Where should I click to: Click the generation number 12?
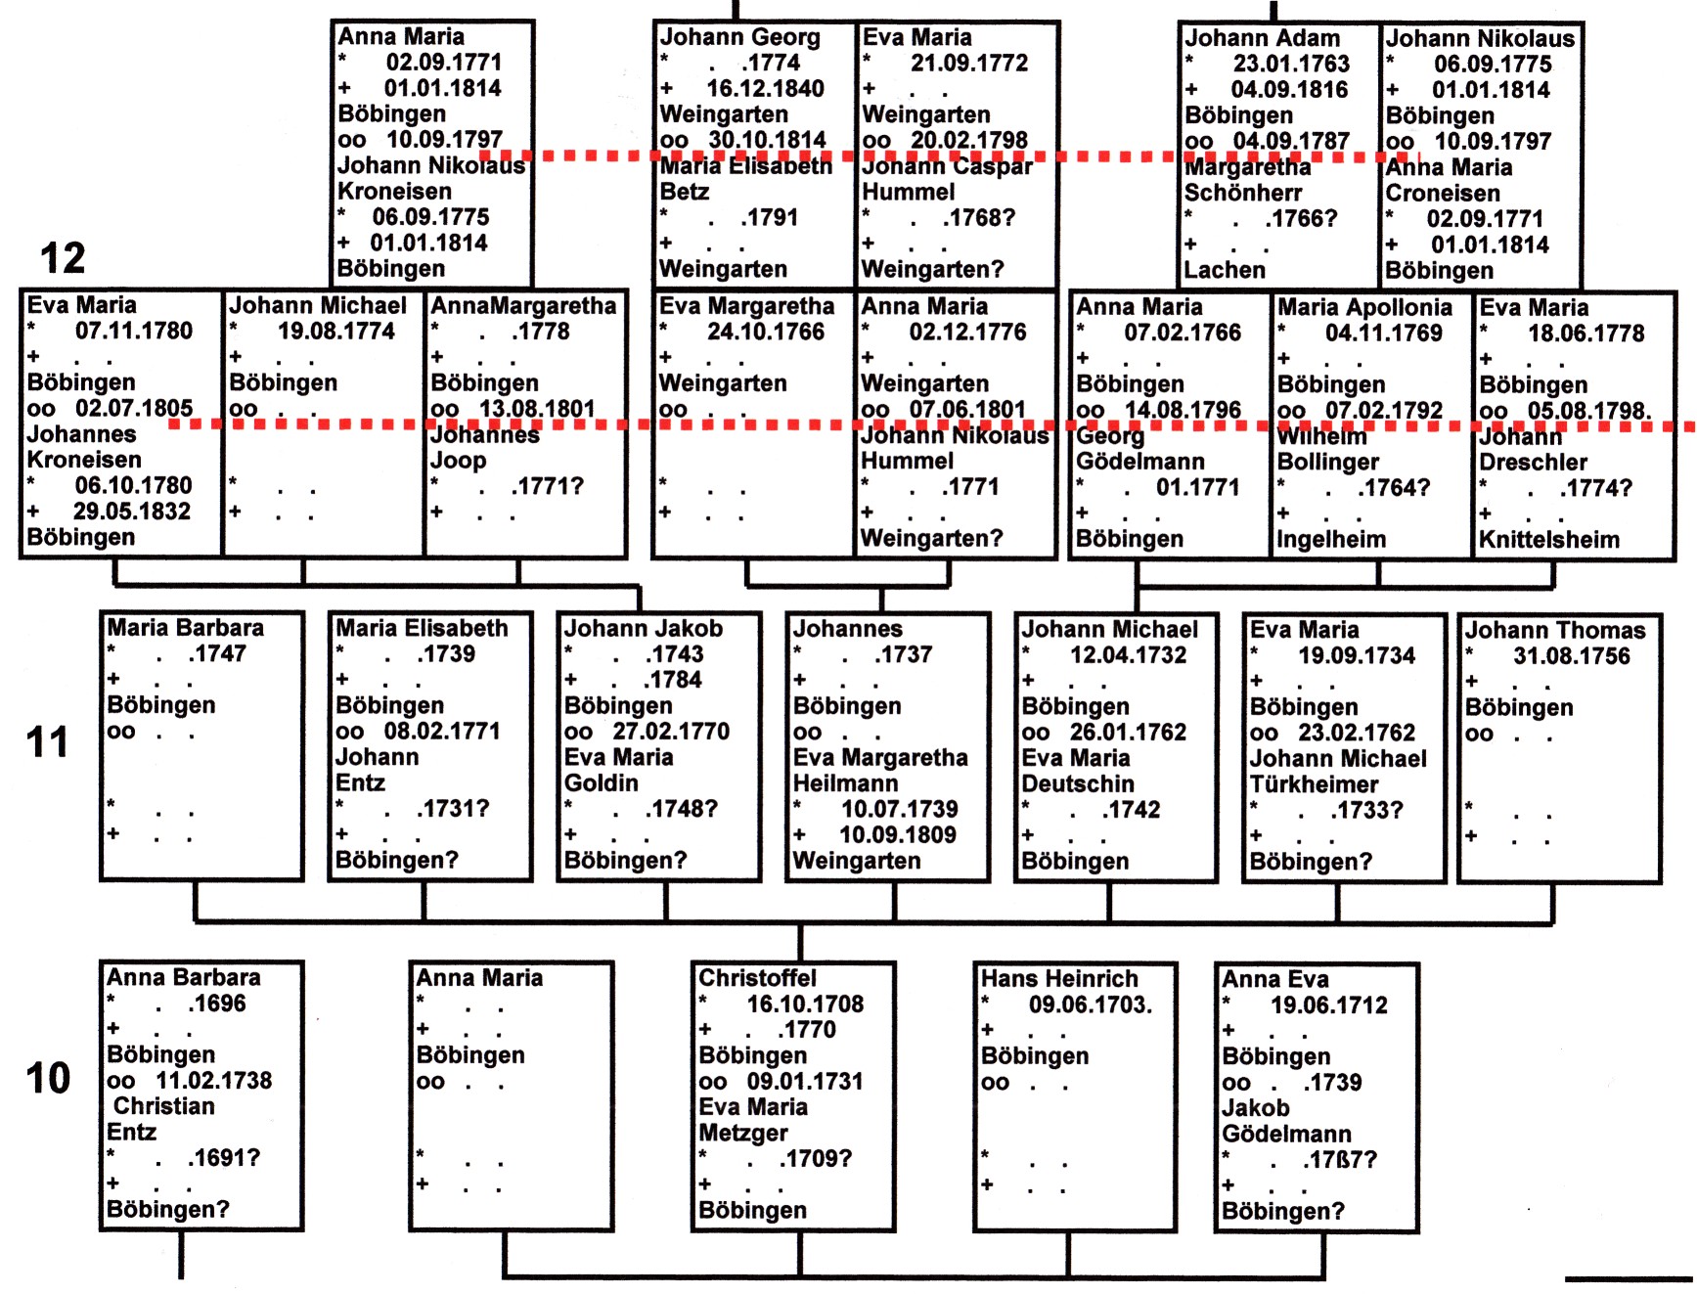pyautogui.click(x=63, y=258)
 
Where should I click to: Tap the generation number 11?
pyautogui.click(x=47, y=742)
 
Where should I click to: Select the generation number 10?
pyautogui.click(x=48, y=1079)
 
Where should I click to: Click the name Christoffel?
pyautogui.click(x=757, y=978)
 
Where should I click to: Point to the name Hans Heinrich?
pyautogui.click(x=1059, y=979)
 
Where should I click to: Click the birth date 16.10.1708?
pyautogui.click(x=805, y=1004)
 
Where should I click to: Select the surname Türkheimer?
pyautogui.click(x=1314, y=784)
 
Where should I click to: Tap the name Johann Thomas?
pyautogui.click(x=1555, y=631)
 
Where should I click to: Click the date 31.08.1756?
pyautogui.click(x=1572, y=656)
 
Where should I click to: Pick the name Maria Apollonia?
pyautogui.click(x=1364, y=307)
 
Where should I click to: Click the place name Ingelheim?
pyautogui.click(x=1331, y=539)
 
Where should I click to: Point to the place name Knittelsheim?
pyautogui.click(x=1549, y=539)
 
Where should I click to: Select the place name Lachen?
pyautogui.click(x=1225, y=270)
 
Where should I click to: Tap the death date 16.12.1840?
pyautogui.click(x=766, y=89)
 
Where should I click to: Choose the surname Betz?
pyautogui.click(x=685, y=192)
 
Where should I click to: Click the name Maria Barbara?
pyautogui.click(x=185, y=628)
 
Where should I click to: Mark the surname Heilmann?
pyautogui.click(x=845, y=783)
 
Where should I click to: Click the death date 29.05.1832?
pyautogui.click(x=132, y=512)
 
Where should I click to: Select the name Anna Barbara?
pyautogui.click(x=184, y=978)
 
